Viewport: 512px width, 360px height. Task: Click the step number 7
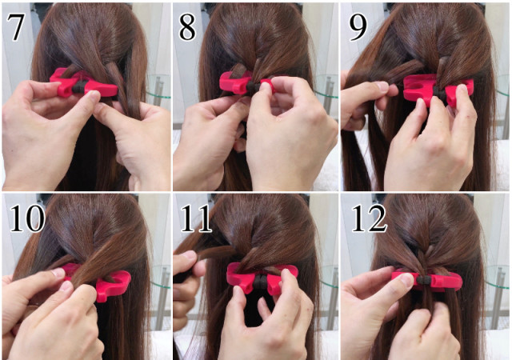[15, 27]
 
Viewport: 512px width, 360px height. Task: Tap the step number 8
[187, 27]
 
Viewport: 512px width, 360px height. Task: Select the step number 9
[358, 27]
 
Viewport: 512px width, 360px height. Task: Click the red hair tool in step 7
[83, 84]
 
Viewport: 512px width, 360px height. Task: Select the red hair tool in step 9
[438, 89]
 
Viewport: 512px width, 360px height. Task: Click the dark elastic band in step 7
[78, 87]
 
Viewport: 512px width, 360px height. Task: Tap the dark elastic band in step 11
[262, 280]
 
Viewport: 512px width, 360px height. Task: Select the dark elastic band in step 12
[424, 280]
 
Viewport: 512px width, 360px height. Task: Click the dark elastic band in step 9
[438, 93]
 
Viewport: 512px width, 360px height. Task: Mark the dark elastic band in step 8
[253, 86]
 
